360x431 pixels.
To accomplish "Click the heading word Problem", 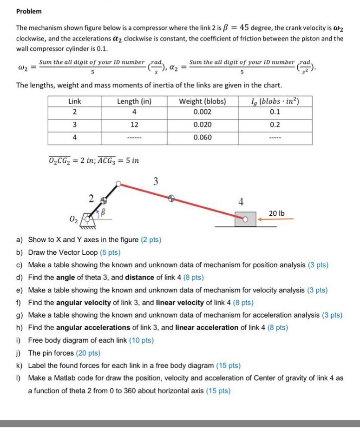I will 29,11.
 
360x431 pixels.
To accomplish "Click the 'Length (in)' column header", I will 135,101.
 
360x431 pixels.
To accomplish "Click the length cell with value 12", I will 135,125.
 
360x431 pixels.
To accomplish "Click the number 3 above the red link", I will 156,182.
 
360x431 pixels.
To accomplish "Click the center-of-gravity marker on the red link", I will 171,198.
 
